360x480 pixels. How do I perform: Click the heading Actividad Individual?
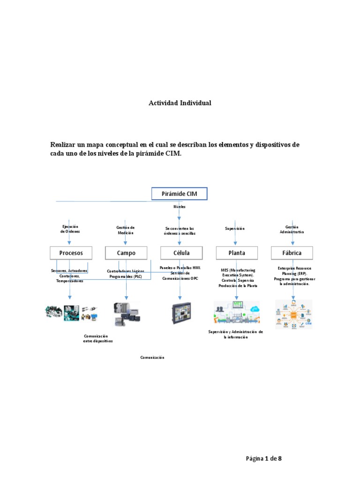[180, 103]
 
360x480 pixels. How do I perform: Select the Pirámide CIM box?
[179, 194]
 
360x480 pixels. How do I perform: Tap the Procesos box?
[71, 253]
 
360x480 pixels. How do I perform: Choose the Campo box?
[126, 253]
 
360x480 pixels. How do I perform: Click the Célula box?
[181, 253]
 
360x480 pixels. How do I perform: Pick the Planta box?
[236, 253]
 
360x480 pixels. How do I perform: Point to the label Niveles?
[180, 206]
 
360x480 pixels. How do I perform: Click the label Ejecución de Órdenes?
[70, 229]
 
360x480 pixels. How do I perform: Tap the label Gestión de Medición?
[125, 230]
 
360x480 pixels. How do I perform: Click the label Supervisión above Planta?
[235, 229]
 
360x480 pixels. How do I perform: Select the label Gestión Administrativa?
[292, 229]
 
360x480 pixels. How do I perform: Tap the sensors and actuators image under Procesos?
[71, 313]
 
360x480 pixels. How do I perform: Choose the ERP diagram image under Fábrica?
[293, 314]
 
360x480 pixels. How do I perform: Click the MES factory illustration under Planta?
[236, 313]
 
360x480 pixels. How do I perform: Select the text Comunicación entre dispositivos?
[97, 338]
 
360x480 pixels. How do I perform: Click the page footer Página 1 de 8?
[264, 458]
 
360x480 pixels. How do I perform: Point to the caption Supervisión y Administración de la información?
[235, 334]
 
